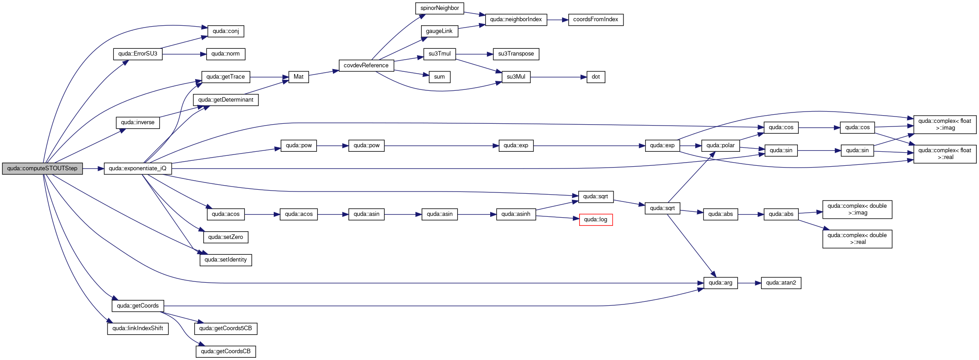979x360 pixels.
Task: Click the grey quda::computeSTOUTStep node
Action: coord(42,168)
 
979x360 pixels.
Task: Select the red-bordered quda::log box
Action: coord(596,220)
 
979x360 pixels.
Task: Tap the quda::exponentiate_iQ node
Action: coord(138,168)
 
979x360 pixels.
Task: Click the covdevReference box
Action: coord(366,65)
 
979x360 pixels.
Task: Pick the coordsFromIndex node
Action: coord(595,19)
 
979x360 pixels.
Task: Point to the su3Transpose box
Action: coord(516,54)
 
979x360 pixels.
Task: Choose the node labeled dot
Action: coord(596,77)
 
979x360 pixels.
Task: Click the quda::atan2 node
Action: coord(781,283)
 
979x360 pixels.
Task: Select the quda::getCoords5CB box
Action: coord(225,328)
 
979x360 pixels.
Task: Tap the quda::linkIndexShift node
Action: coord(138,328)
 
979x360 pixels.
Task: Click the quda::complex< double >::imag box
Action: coord(857,209)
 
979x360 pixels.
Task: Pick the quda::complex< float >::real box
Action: coord(945,154)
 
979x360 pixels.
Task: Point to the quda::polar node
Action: coord(721,145)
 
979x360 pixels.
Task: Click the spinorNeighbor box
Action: coord(440,8)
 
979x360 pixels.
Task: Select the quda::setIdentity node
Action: coord(226,260)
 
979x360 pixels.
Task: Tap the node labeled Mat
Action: coord(299,77)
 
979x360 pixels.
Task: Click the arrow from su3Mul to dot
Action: coord(558,77)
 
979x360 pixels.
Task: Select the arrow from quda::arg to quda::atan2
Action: coord(749,283)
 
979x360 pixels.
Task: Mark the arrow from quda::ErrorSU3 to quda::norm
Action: coord(184,54)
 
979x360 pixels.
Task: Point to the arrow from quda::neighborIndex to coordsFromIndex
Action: coord(557,20)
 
